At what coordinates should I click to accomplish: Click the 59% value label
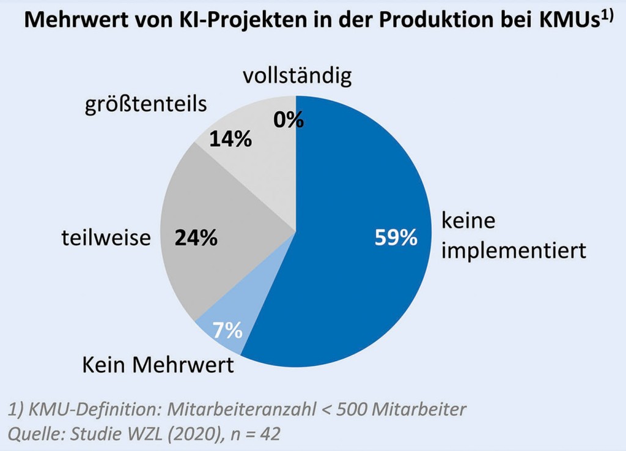coord(396,238)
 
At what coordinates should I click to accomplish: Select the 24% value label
coord(196,238)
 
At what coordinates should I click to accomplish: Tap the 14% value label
coord(230,140)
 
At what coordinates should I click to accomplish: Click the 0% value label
coord(289,120)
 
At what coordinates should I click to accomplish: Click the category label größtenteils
coord(145,103)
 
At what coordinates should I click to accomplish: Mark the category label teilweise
coord(106,237)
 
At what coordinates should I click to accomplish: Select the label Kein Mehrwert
coord(158,365)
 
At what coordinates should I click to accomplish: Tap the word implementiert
coord(514,250)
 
